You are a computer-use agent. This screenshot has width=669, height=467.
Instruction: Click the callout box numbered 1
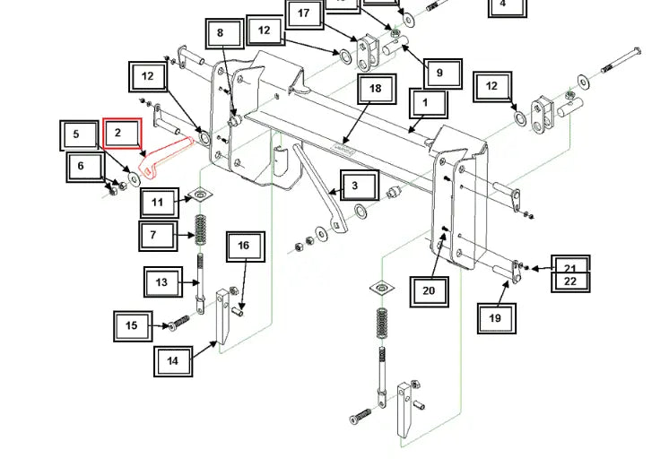pos(426,103)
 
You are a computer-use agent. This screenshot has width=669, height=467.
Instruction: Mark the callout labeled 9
pos(440,73)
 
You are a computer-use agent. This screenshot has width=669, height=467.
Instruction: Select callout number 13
pos(162,282)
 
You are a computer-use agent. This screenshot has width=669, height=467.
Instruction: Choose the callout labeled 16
pos(244,246)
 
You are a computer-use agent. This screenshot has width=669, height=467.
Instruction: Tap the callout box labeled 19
pos(496,316)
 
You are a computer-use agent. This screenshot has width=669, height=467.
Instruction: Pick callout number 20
pos(429,290)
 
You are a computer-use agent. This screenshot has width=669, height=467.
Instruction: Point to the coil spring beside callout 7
pos(206,235)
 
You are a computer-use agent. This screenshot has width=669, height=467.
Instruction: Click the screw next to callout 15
pos(178,322)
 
